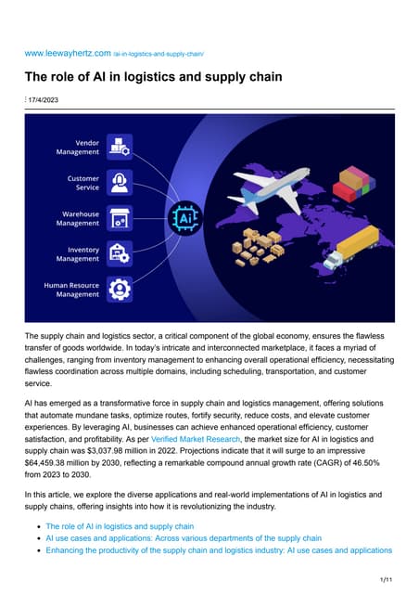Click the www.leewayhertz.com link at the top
68,55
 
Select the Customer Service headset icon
119,183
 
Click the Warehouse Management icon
119,219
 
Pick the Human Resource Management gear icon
119,290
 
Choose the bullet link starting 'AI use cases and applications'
183,537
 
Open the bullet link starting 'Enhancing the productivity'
218,550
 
